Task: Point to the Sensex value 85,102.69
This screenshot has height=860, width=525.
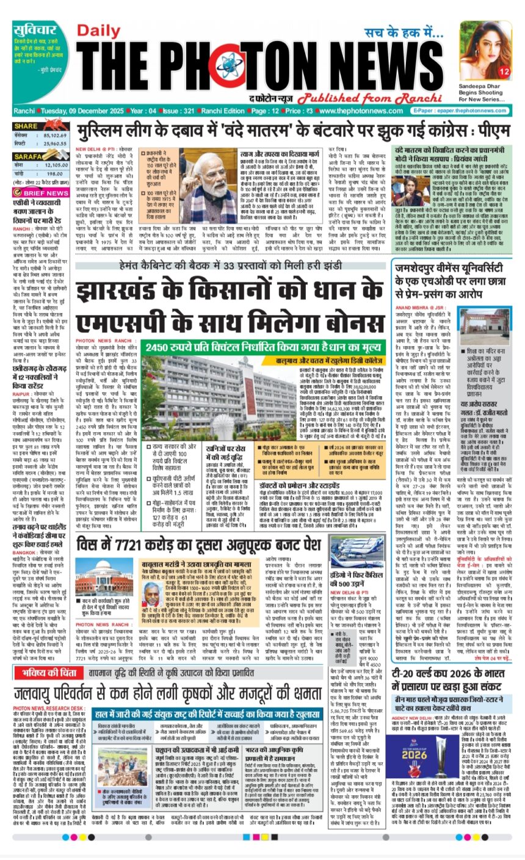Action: [x=52, y=136]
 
